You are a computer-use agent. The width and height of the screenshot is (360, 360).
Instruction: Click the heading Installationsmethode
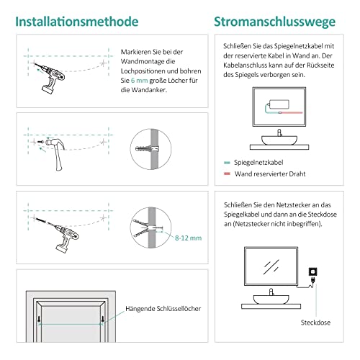(77, 22)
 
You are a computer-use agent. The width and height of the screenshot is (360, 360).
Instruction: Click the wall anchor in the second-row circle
(148, 148)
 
